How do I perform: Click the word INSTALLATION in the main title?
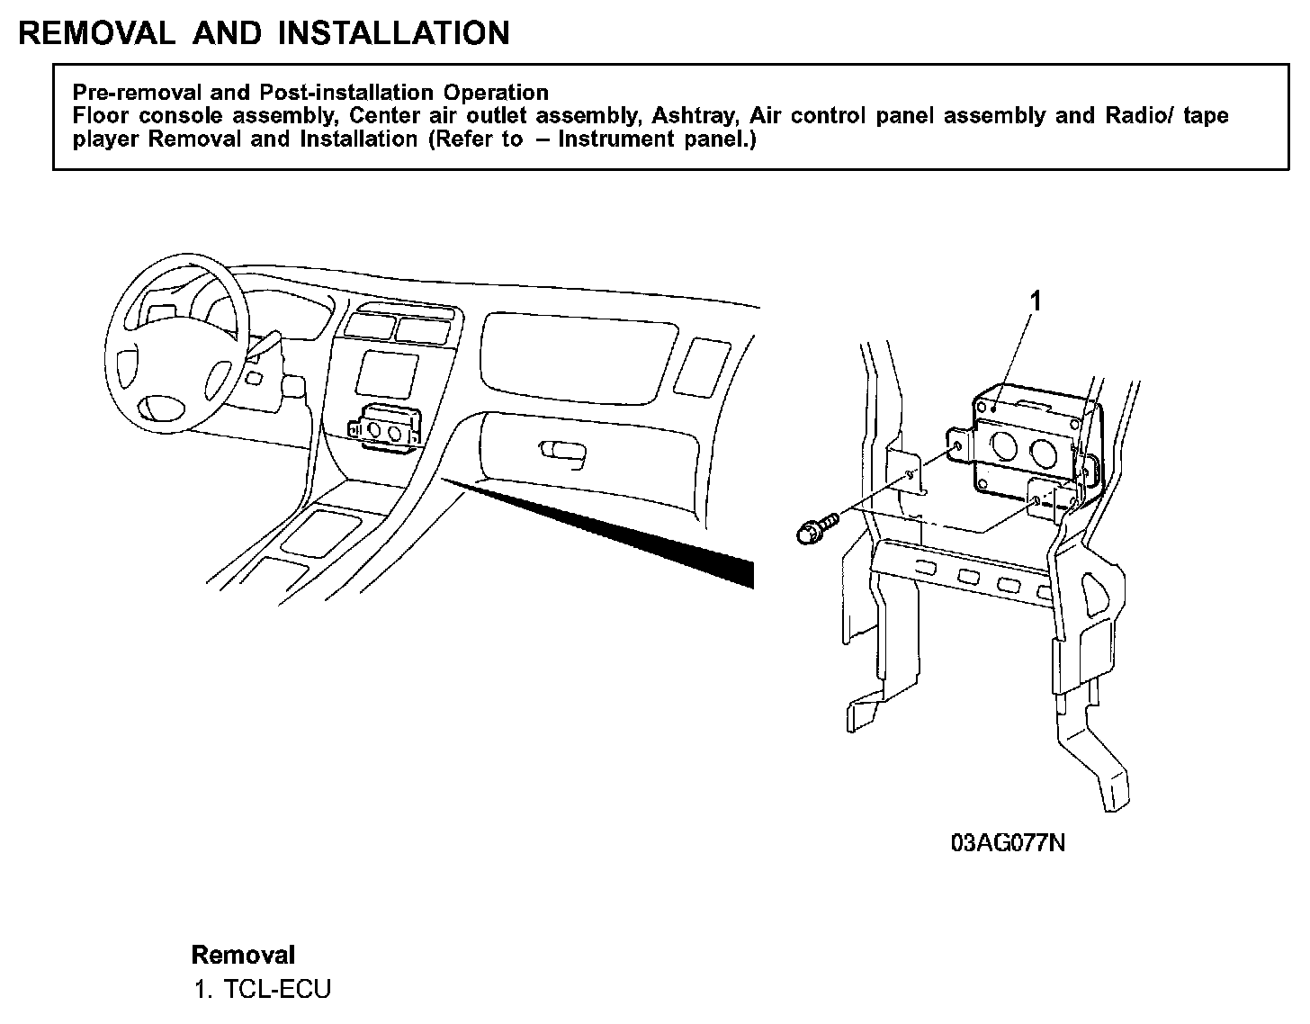click(x=393, y=33)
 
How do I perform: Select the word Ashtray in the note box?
click(x=695, y=116)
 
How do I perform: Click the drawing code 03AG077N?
click(x=1008, y=843)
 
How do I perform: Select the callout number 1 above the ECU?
click(x=1035, y=302)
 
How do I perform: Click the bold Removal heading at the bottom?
click(x=243, y=955)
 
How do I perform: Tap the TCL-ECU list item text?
click(x=277, y=989)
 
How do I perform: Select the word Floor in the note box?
click(x=101, y=116)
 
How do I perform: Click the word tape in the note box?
click(x=1206, y=116)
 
